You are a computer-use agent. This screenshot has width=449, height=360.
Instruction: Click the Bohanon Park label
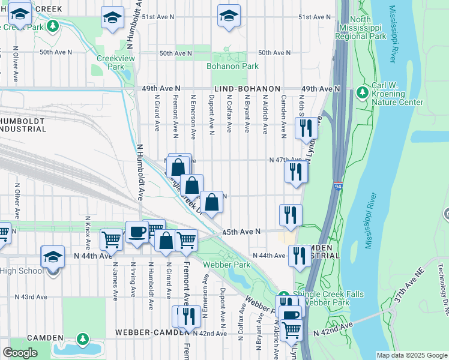232,66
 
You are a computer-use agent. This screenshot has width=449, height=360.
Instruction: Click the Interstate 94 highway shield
338,188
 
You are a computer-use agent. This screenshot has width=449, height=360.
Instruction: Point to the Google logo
20,353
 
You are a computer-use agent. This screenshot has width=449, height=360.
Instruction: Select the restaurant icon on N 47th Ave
296,172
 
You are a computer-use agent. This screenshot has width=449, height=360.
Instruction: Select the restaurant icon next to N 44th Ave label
300,256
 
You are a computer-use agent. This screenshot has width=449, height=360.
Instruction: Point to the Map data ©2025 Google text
411,355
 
